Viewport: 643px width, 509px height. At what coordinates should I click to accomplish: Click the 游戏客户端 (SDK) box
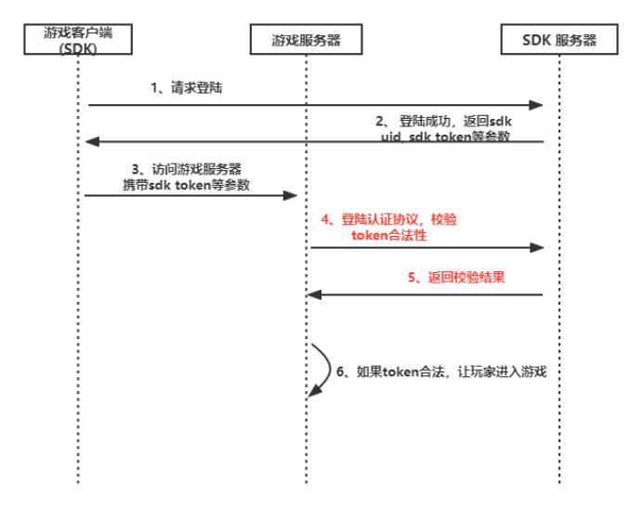[78, 39]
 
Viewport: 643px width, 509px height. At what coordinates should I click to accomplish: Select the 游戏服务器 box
[306, 39]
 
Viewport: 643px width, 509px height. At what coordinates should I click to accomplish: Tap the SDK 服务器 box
[559, 39]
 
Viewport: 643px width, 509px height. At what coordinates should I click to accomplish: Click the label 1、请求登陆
[187, 87]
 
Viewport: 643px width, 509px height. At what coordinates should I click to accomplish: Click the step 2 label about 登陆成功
[444, 129]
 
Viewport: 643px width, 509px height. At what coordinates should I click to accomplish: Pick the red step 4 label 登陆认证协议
[388, 228]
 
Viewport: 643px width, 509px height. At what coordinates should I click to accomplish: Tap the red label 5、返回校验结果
[456, 278]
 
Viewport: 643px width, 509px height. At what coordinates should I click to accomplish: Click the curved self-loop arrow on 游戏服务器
[330, 369]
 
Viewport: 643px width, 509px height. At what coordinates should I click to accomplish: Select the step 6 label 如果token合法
[441, 372]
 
